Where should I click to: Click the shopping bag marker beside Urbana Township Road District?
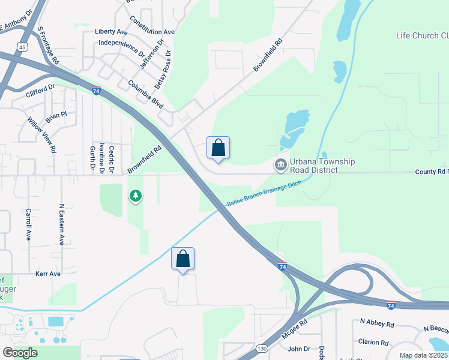pyautogui.click(x=218, y=148)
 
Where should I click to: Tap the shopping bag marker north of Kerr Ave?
pyautogui.click(x=183, y=259)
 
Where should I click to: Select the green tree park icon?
pyautogui.click(x=136, y=196)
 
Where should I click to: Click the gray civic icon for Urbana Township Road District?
pyautogui.click(x=280, y=164)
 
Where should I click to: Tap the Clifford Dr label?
pyautogui.click(x=40, y=91)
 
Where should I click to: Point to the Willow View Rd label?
pyautogui.click(x=41, y=134)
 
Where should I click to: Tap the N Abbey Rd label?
pyautogui.click(x=377, y=323)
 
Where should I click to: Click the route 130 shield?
pyautogui.click(x=262, y=348)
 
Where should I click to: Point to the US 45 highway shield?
pyautogui.click(x=22, y=47)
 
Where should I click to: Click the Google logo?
pyautogui.click(x=20, y=352)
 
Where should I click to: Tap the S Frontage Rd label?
pyautogui.click(x=48, y=46)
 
